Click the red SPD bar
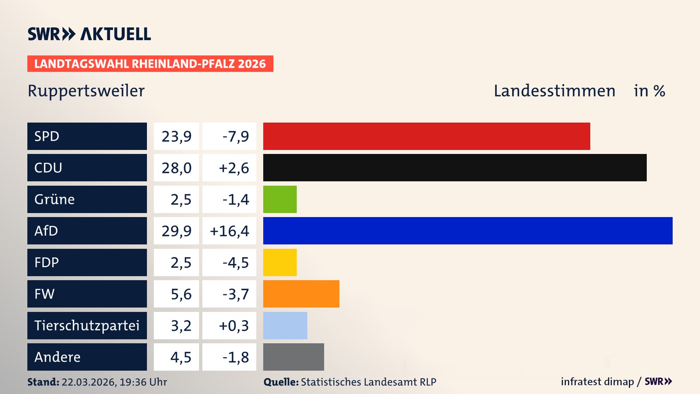[x=427, y=136]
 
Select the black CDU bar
[x=455, y=167]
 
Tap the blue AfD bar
[x=468, y=231]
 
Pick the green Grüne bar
[x=280, y=199]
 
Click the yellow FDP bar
[x=280, y=262]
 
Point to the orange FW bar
[x=301, y=294]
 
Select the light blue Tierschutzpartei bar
[x=285, y=325]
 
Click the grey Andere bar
[x=293, y=357]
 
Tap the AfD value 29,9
[x=176, y=231]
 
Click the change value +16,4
[x=229, y=231]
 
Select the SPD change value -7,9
[x=236, y=136]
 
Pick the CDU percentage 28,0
[x=176, y=168]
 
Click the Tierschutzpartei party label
[x=87, y=325]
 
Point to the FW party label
[x=44, y=294]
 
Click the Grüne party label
[x=54, y=199]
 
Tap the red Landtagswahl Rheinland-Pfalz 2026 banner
[x=150, y=63]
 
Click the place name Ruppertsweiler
[x=86, y=91]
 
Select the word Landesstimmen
[x=554, y=91]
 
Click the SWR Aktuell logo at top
[x=89, y=34]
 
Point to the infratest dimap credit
[x=597, y=382]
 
